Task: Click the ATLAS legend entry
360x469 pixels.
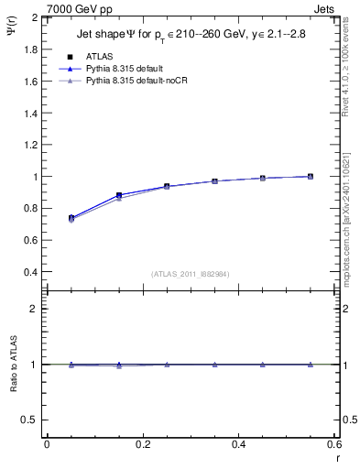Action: coord(99,56)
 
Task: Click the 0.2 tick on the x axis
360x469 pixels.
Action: coord(143,444)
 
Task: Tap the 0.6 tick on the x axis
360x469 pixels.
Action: coord(335,444)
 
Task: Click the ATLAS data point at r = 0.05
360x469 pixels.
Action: coord(71,218)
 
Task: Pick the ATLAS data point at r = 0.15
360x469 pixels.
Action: coord(119,195)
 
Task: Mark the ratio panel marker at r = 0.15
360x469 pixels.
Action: coord(119,365)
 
